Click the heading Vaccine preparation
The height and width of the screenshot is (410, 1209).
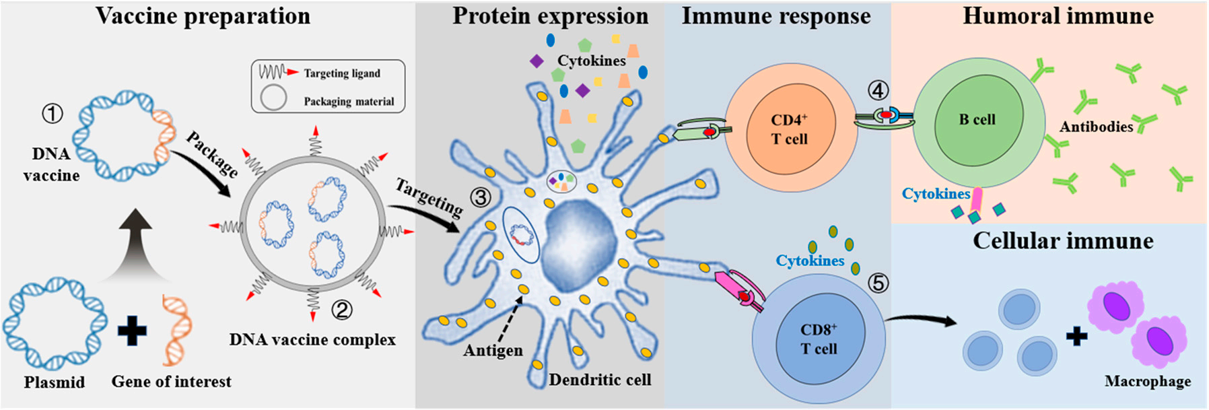pos(203,16)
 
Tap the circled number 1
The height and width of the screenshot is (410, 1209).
pos(53,113)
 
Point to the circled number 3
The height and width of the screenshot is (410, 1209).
pos(481,197)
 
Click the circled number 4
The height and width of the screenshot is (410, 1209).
pos(878,90)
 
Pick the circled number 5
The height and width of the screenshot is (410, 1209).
pos(878,283)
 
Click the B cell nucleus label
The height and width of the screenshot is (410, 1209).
pos(977,120)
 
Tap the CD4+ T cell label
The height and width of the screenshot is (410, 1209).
pos(789,129)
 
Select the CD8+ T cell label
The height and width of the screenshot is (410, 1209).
pos(819,339)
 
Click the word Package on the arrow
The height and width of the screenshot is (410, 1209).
pos(211,154)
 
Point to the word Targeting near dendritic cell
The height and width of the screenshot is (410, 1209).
pos(429,197)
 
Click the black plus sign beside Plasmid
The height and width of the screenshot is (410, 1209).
pos(132,331)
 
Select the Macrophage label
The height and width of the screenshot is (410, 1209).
pos(1147,382)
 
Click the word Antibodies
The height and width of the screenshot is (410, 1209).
pos(1096,127)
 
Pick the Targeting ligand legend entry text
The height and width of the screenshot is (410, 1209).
pos(341,73)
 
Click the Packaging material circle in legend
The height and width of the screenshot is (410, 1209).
pos(273,98)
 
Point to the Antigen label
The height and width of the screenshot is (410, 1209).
pos(493,351)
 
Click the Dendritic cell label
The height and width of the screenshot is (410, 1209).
pos(600,380)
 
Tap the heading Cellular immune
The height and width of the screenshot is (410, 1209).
pos(1062,241)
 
